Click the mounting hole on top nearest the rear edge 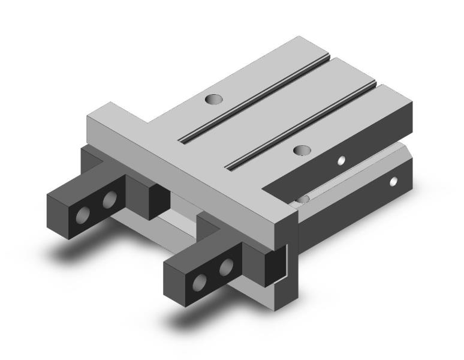(x=212, y=99)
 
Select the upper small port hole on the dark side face (x=341, y=160)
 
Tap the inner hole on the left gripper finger (x=109, y=200)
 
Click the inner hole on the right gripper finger (x=225, y=266)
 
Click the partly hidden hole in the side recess (x=303, y=199)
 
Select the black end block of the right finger (x=275, y=263)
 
